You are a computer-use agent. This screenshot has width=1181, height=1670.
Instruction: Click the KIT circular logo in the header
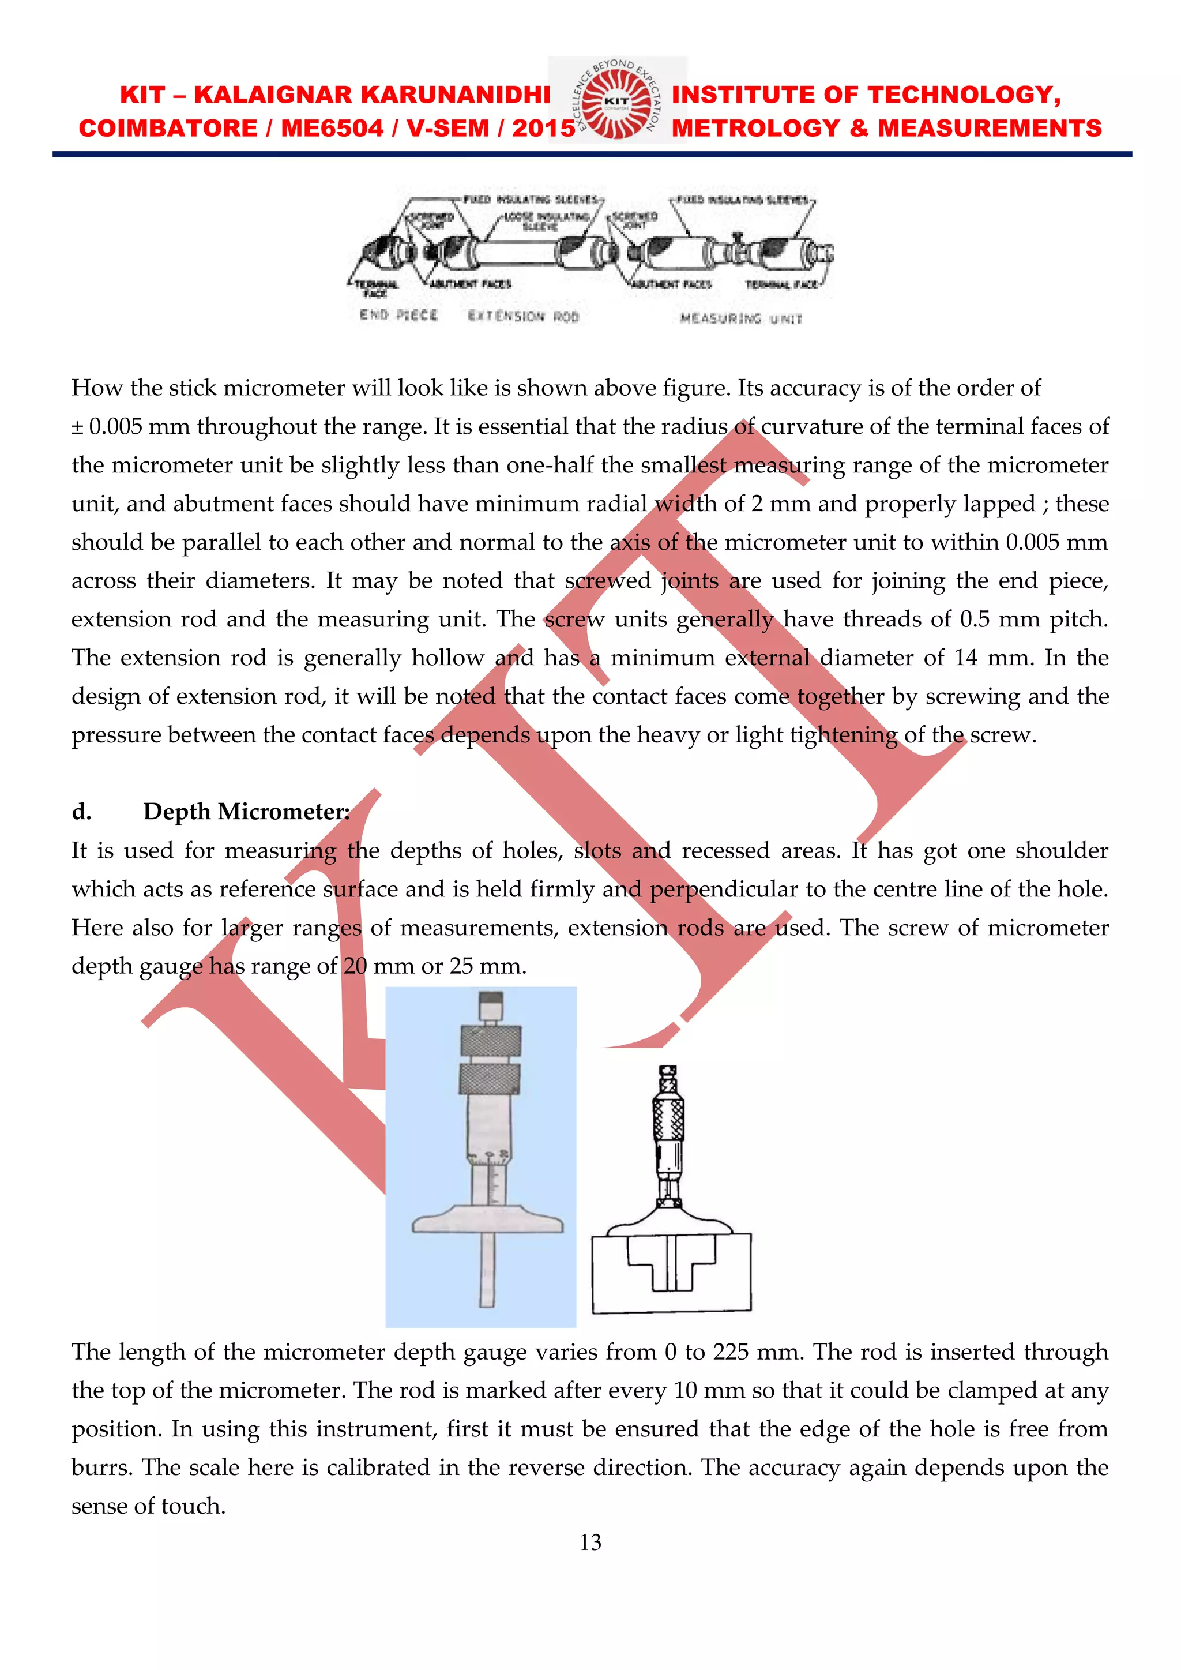click(x=616, y=100)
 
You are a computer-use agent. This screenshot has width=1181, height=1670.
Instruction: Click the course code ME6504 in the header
click(x=332, y=128)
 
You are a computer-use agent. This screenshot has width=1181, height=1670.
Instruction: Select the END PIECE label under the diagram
click(x=398, y=315)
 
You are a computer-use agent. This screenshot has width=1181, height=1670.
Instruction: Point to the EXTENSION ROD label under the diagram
click(x=524, y=316)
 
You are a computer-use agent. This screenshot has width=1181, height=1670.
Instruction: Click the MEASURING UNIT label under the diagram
click(x=741, y=318)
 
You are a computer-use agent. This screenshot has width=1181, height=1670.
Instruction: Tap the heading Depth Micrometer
click(x=246, y=812)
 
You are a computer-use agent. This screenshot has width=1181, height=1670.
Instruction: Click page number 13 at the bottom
click(x=590, y=1542)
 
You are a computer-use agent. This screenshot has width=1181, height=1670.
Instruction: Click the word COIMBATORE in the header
click(x=168, y=128)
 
